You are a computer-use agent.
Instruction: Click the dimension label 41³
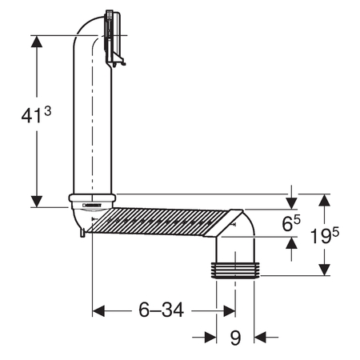coord(36,114)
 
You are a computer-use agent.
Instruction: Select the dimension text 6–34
coord(161,310)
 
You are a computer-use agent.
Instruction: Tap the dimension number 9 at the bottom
coord(235,338)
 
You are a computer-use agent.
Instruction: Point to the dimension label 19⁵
coord(325,235)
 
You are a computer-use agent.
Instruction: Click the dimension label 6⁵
coord(291,222)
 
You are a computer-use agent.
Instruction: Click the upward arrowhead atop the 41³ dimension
coord(37,42)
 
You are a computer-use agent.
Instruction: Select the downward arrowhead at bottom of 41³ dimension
coord(37,202)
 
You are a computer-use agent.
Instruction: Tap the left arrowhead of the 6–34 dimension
coord(98,311)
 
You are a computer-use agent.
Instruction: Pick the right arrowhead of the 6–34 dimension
coord(230,311)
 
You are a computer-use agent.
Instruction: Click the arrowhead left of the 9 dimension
coord(210,338)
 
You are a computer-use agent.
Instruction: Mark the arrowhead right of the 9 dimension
coord(260,338)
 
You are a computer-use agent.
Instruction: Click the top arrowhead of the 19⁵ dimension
coord(325,200)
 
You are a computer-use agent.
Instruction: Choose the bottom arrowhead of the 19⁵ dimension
coord(325,270)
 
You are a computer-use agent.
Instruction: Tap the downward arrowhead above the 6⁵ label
coord(291,203)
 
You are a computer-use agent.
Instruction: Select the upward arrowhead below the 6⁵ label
coord(291,242)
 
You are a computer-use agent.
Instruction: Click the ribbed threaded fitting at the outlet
coord(235,270)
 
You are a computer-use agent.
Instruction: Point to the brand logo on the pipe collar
coord(92,206)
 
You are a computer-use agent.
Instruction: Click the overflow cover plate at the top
coord(114,38)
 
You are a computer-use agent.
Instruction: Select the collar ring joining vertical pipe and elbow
coord(92,198)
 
